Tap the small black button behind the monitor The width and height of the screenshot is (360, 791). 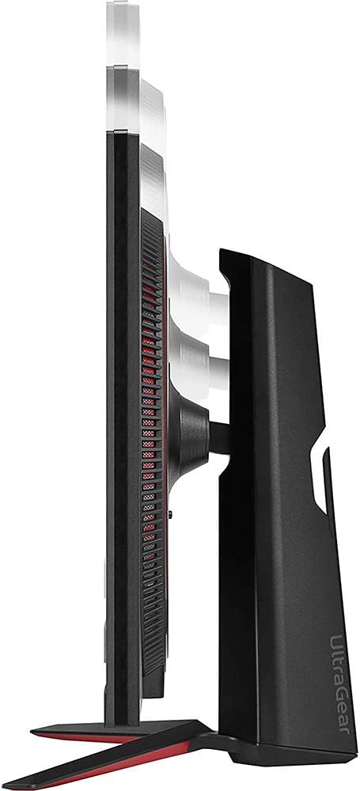[x=169, y=515]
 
